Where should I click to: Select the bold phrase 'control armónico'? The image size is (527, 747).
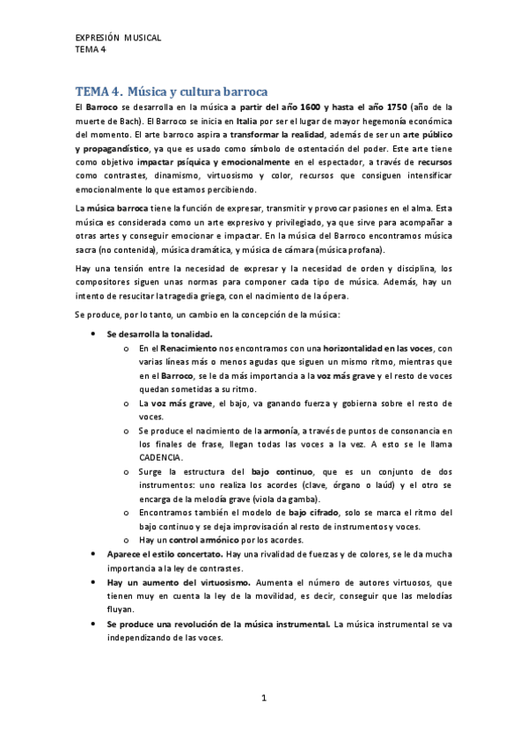coord(200,539)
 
